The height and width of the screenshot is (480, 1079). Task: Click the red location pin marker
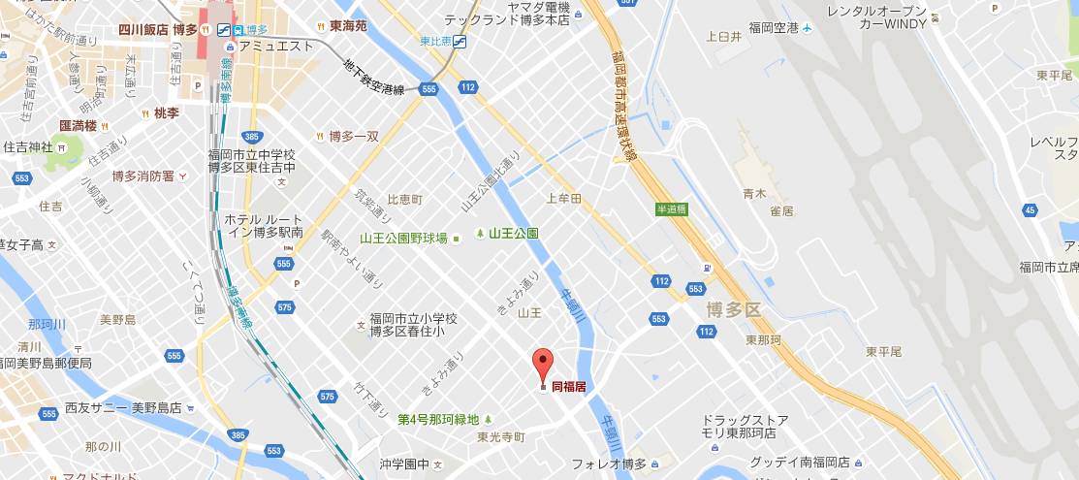[x=543, y=364]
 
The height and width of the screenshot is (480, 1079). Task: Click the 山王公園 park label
[x=513, y=234]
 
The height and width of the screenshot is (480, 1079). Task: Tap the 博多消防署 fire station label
[x=143, y=176]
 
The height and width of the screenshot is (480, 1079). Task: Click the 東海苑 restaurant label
[x=347, y=26]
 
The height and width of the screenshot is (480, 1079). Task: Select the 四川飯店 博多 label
[x=159, y=29]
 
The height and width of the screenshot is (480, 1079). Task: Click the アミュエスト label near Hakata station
[x=276, y=46]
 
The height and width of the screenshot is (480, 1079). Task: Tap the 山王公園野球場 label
[x=403, y=238]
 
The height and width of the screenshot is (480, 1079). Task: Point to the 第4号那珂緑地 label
[x=438, y=419]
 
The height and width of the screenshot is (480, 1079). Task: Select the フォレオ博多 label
[x=609, y=464]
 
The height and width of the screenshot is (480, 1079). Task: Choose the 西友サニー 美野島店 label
[x=123, y=407]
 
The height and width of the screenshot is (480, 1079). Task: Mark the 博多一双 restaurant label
[x=353, y=137]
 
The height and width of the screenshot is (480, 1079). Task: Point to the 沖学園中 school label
[x=404, y=464]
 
